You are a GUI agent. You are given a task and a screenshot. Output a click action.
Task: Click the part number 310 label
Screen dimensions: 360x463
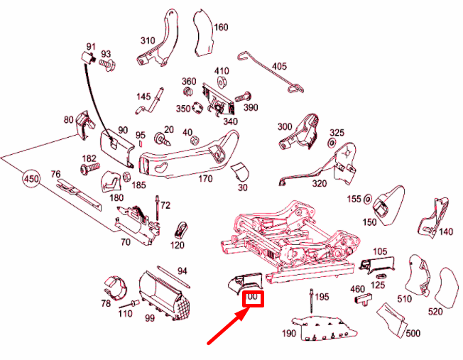pos(148,40)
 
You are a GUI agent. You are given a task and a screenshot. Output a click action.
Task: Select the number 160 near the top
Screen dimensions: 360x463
pos(221,28)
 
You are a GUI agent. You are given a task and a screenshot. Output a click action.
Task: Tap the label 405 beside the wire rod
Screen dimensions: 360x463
pos(279,67)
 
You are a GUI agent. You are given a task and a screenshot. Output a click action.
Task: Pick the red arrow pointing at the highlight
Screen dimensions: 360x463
pos(226,326)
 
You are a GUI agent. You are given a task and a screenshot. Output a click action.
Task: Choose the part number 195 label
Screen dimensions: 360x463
pos(322,296)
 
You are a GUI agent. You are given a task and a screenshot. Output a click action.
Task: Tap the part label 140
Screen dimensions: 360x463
pos(446,231)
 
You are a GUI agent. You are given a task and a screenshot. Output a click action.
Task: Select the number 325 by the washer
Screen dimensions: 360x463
pos(337,133)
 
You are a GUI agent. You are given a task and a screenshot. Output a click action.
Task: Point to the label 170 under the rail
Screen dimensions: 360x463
pos(205,179)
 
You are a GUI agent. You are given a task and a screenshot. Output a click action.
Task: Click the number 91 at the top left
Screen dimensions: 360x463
pos(91,46)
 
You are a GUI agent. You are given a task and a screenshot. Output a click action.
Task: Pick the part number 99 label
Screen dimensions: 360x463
pos(150,318)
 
